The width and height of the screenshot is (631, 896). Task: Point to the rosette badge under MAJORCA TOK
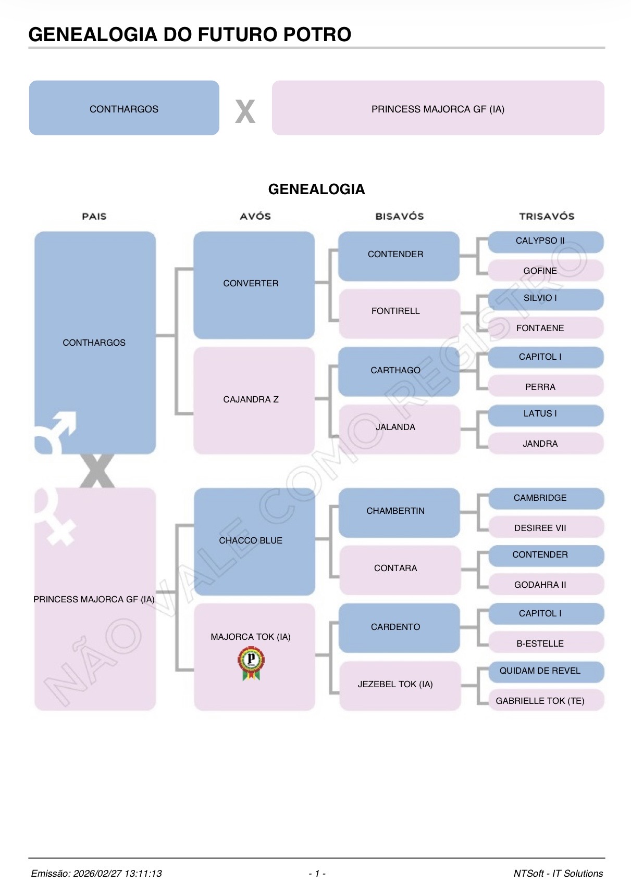251,663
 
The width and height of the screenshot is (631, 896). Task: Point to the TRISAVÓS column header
547,217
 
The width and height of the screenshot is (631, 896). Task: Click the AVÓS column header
255,217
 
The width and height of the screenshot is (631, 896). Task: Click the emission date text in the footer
96,874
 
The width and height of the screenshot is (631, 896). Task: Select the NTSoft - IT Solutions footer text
558,874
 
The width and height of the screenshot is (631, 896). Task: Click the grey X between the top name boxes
245,111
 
